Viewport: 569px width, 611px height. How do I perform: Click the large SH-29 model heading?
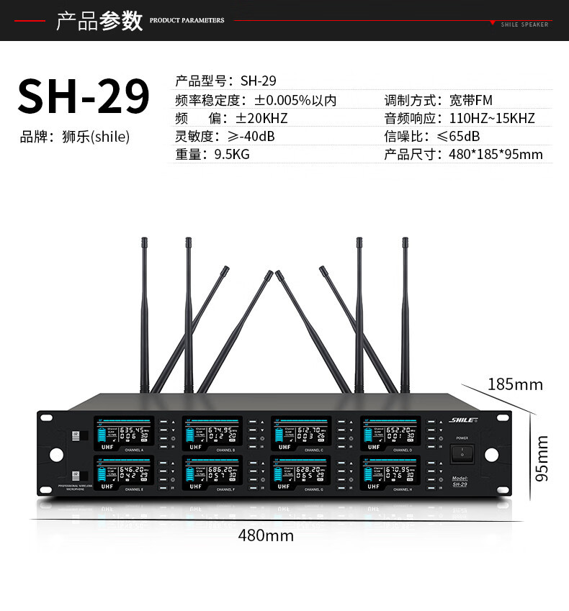pyautogui.click(x=83, y=95)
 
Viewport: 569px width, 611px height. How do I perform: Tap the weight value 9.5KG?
pyautogui.click(x=232, y=154)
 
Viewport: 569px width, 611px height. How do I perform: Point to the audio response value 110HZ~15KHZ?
pyautogui.click(x=492, y=119)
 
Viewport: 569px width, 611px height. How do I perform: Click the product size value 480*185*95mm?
pyautogui.click(x=496, y=154)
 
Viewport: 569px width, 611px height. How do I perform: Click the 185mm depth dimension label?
pyautogui.click(x=515, y=384)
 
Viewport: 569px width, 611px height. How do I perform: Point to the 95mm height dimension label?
pyautogui.click(x=542, y=458)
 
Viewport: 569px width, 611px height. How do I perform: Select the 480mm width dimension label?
pyautogui.click(x=266, y=535)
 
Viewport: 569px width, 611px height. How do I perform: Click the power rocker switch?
pyautogui.click(x=462, y=454)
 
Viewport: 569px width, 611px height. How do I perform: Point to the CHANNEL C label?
pyautogui.click(x=313, y=450)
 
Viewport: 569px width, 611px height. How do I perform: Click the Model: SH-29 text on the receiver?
pyautogui.click(x=460, y=481)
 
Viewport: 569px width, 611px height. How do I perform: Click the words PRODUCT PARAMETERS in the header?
pyautogui.click(x=187, y=21)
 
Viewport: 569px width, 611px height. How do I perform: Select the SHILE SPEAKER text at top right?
pyautogui.click(x=524, y=24)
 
